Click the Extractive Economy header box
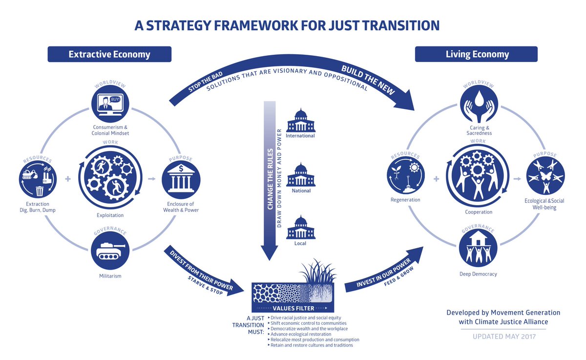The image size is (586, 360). pos(109,54)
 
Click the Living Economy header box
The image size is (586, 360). pos(476,54)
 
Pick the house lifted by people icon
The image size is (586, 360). pos(478,249)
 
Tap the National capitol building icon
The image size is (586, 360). pos(300,174)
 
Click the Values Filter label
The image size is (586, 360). pos(293,308)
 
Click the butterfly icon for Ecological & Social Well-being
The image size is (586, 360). pos(545,176)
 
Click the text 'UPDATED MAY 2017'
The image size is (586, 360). pos(503,337)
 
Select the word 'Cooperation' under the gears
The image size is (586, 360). pos(479,212)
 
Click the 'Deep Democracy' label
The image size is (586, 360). pos(478,274)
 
